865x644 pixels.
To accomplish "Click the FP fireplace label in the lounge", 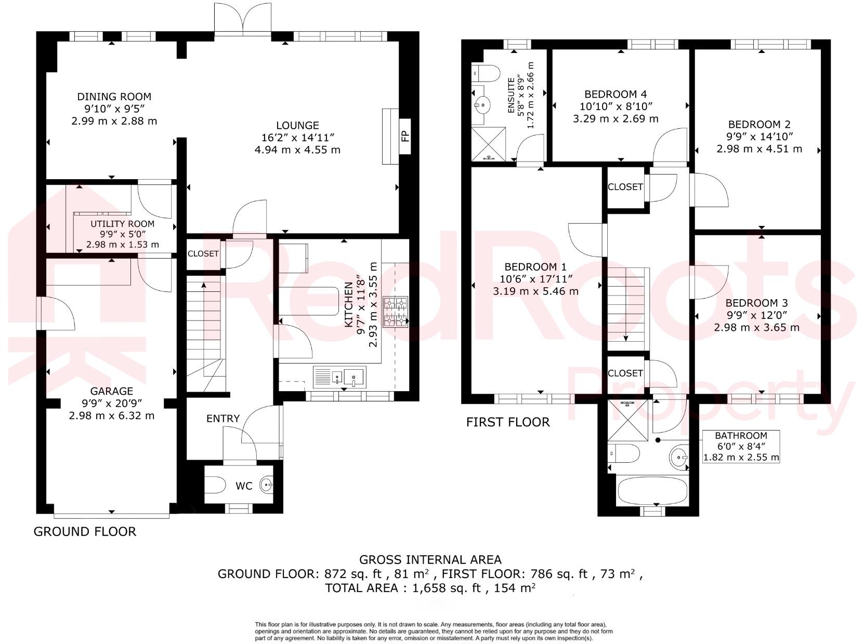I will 405,137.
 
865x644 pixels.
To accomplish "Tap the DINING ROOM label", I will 114,97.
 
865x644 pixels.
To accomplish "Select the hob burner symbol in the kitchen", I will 396,312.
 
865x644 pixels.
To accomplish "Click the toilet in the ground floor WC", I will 214,486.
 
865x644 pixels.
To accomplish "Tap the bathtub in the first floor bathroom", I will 652,491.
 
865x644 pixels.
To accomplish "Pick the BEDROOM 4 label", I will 615,94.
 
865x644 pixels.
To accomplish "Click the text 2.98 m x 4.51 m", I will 759,149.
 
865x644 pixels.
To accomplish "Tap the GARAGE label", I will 111,391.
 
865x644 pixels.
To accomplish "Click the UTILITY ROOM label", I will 122,224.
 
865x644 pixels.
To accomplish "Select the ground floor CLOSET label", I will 203,253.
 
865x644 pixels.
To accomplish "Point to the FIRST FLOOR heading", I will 507,422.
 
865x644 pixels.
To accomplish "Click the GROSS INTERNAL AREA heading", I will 430,559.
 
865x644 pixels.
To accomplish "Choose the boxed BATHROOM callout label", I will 741,436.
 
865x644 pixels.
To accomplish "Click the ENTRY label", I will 222,419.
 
